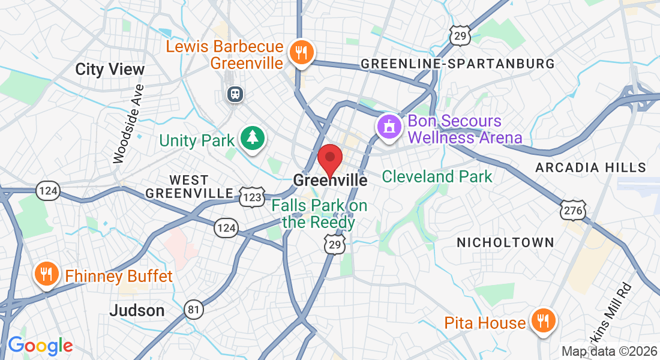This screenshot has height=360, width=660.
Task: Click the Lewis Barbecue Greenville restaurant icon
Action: [x=298, y=52]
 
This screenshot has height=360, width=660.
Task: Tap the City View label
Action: [x=110, y=69]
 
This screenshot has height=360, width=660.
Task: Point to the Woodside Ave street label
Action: [x=128, y=124]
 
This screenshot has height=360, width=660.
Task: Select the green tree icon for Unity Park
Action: [x=253, y=138]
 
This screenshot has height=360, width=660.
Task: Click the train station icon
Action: [x=234, y=94]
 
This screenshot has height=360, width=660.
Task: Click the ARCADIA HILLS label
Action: [x=591, y=167]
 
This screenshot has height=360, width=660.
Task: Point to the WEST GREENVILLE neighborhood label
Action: [x=189, y=187]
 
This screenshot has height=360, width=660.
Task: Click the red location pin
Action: [x=329, y=160]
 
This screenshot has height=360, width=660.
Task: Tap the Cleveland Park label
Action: [x=437, y=176]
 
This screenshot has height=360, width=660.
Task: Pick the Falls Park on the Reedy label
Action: [x=319, y=214]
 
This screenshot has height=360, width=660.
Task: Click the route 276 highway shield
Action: [x=572, y=209]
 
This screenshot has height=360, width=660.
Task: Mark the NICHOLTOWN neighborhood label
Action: [x=505, y=242]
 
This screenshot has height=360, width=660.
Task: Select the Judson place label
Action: [x=137, y=310]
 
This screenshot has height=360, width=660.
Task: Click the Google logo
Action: [x=40, y=346]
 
